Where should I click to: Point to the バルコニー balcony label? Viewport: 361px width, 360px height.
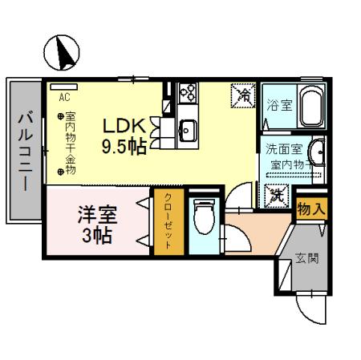25,151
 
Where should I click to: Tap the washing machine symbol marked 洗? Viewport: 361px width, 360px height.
274,193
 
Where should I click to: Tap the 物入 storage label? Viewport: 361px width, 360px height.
310,209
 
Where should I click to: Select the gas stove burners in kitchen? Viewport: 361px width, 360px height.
189,93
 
